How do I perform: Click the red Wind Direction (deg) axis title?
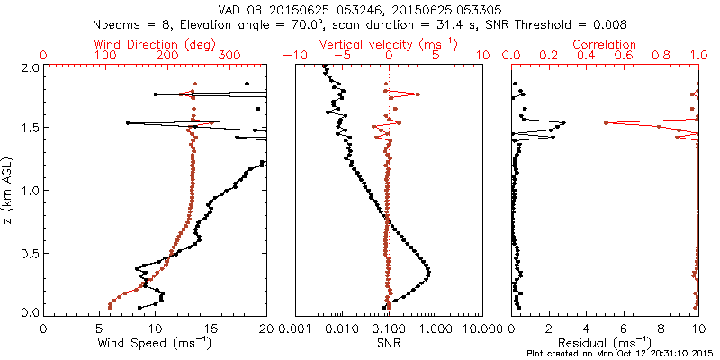tap(154, 44)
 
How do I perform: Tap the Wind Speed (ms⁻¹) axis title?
tap(155, 343)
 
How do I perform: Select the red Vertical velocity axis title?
tap(389, 44)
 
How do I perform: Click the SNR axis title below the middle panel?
tap(389, 343)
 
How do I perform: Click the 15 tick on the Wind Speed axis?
tap(211, 328)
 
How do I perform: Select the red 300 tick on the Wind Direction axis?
tap(229, 56)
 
